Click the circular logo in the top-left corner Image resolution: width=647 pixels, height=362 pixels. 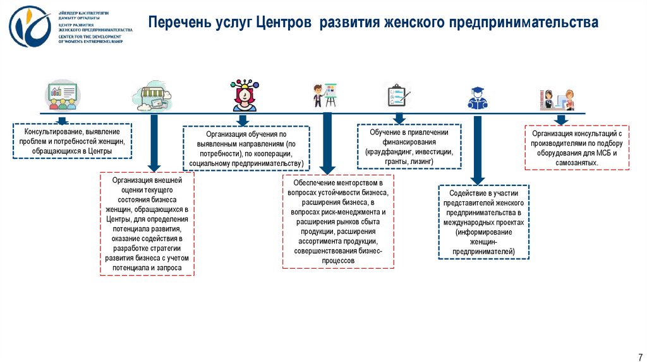tap(30, 27)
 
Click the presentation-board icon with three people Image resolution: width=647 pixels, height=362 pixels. tap(61, 95)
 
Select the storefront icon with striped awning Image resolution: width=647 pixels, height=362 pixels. tap(152, 95)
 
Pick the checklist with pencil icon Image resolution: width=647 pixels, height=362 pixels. tap(397, 95)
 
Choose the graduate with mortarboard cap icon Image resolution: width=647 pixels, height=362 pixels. tap(478, 96)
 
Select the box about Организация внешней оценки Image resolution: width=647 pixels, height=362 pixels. tap(147, 224)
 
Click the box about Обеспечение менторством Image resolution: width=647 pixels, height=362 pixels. tap(338, 221)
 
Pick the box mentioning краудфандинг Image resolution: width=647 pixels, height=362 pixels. tap(409, 146)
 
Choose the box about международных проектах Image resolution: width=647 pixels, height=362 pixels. tap(483, 222)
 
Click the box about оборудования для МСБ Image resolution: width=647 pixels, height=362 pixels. tap(577, 148)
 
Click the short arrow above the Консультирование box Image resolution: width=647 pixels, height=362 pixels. tap(61, 120)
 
